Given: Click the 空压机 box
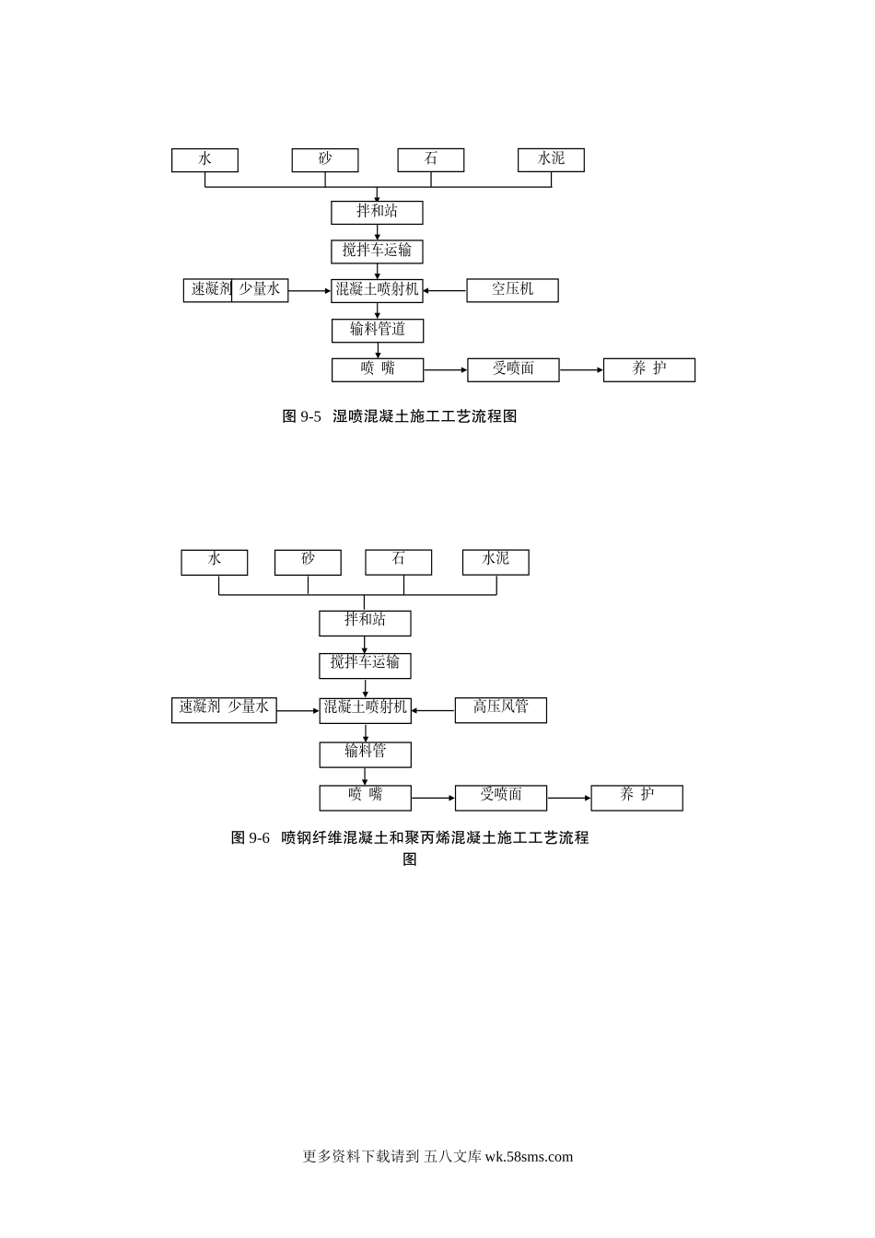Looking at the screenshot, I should click(512, 290).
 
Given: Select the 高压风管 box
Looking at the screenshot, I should click(500, 709).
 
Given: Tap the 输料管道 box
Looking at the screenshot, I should click(377, 330).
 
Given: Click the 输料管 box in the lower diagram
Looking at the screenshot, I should click(365, 753).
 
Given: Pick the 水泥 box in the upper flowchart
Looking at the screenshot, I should click(551, 159).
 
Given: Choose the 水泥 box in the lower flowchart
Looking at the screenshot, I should click(496, 561).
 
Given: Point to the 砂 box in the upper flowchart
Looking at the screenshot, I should click(325, 159).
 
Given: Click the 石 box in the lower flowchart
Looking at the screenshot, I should click(398, 561).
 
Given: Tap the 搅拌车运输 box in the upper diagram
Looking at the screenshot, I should click(377, 251).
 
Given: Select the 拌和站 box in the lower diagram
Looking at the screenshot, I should click(365, 623).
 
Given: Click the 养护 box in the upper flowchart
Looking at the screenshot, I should click(649, 369).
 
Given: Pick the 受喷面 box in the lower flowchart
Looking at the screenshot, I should click(500, 798).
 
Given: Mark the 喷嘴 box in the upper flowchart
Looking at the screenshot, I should click(378, 369).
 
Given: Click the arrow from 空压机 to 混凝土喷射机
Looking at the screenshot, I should click(445, 291).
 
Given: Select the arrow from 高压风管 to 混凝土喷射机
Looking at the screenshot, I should click(433, 710).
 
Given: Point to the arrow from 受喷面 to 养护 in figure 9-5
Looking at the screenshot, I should click(581, 370).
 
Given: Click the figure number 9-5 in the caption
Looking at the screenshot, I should click(310, 416).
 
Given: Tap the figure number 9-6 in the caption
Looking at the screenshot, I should click(259, 838).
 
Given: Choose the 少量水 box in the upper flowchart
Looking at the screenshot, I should click(261, 290).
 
